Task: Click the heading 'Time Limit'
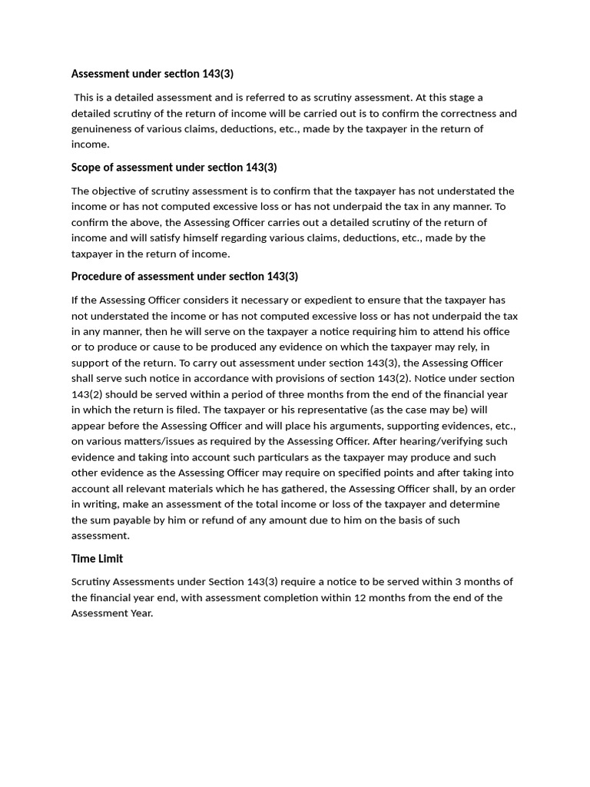pos(97,559)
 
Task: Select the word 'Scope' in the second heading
pos(87,168)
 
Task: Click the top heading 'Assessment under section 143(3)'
pos(152,74)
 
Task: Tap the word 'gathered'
pos(303,489)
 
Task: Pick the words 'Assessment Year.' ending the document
pos(112,613)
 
